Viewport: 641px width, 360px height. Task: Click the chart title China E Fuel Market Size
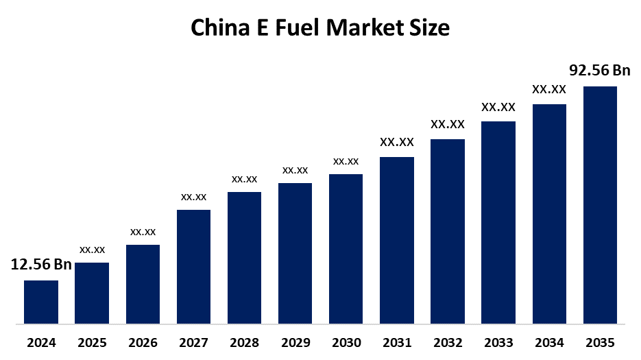(320, 28)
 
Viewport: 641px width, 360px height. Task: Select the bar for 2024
(41, 302)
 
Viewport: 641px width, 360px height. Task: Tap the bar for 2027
(193, 266)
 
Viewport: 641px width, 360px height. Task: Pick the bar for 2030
(346, 248)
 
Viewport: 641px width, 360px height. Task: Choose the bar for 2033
(498, 222)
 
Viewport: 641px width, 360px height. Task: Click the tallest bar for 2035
(600, 204)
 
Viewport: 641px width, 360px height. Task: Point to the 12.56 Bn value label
(41, 265)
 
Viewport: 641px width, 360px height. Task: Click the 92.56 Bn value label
(600, 71)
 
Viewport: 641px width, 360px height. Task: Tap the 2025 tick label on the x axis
(92, 342)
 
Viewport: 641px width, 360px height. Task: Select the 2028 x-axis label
(244, 342)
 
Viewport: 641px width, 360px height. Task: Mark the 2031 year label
(397, 342)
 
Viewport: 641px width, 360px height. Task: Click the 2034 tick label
(549, 342)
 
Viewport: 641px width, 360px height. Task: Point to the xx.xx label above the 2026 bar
(143, 232)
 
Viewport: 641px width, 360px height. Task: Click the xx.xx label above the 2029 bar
(295, 170)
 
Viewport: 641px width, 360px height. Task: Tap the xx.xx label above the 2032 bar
(448, 125)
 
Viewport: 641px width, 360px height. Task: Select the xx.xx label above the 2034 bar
(549, 89)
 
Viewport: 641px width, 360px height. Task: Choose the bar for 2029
(295, 253)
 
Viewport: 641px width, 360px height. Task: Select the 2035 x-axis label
(600, 342)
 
